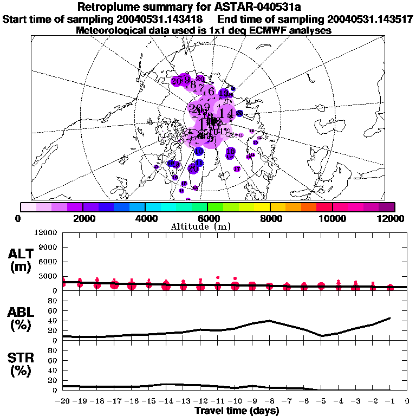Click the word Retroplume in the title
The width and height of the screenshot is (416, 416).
click(112, 8)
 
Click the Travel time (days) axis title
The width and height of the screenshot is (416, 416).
click(237, 411)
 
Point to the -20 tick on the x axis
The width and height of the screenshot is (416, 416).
click(63, 401)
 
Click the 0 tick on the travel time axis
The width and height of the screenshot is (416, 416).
click(407, 401)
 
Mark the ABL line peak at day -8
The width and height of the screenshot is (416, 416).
click(270, 321)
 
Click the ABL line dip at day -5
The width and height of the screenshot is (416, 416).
click(322, 336)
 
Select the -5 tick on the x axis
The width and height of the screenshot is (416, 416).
click(321, 401)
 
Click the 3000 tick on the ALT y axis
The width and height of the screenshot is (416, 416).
click(48, 276)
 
